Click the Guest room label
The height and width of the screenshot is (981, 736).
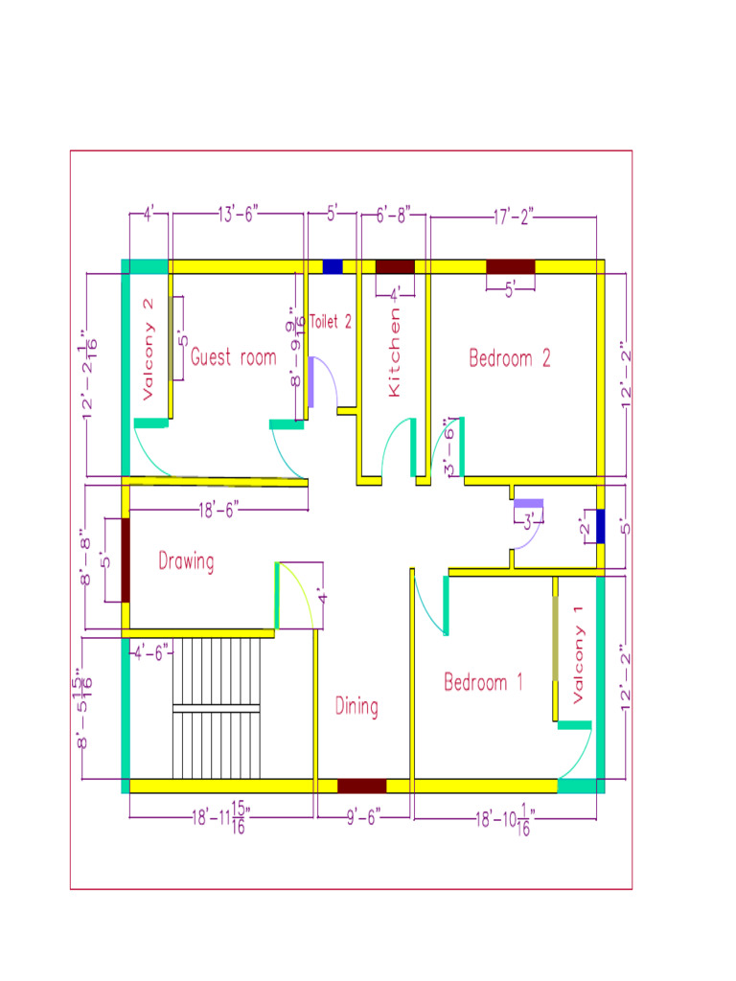[233, 358]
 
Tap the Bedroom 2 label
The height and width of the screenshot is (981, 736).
[510, 358]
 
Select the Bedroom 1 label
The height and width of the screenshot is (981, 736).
[483, 683]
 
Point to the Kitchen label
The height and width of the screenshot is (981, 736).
[394, 353]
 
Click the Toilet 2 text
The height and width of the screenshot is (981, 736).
[330, 323]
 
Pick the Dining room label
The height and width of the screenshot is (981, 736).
[356, 707]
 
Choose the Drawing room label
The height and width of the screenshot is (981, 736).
[186, 561]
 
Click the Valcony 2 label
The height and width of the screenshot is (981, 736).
[148, 349]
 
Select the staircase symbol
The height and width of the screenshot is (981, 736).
[216, 709]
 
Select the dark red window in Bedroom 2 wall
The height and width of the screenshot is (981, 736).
[510, 266]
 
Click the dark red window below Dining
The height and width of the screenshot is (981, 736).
[361, 786]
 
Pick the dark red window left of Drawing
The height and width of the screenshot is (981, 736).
[126, 560]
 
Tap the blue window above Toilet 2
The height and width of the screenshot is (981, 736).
[333, 266]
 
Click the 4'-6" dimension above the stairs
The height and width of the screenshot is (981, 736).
[151, 652]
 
